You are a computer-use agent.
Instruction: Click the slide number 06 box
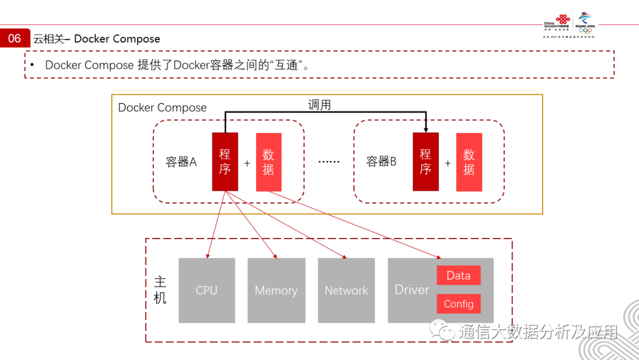click(x=15, y=38)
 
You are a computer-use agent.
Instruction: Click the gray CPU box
click(x=206, y=290)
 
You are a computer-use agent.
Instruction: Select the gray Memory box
click(x=276, y=290)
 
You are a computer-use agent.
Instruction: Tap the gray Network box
click(x=346, y=290)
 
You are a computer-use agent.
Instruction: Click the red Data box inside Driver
click(x=459, y=275)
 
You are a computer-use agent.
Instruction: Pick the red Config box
click(x=459, y=304)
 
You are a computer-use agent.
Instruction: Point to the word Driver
click(x=412, y=290)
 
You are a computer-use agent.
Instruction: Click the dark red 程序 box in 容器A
click(x=225, y=162)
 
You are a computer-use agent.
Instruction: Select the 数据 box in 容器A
click(x=269, y=162)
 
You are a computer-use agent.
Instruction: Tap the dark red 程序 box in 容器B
click(x=425, y=162)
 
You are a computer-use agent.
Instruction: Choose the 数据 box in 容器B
click(x=469, y=162)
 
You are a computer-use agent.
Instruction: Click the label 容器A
click(x=181, y=162)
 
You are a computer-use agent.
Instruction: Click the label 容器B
click(x=381, y=162)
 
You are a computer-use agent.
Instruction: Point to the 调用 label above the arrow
click(x=319, y=105)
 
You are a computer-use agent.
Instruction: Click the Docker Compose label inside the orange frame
click(x=162, y=108)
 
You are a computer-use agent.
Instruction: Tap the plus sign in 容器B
click(x=448, y=163)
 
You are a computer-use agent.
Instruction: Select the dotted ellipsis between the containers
click(x=329, y=162)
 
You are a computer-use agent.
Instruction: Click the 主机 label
click(x=160, y=290)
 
